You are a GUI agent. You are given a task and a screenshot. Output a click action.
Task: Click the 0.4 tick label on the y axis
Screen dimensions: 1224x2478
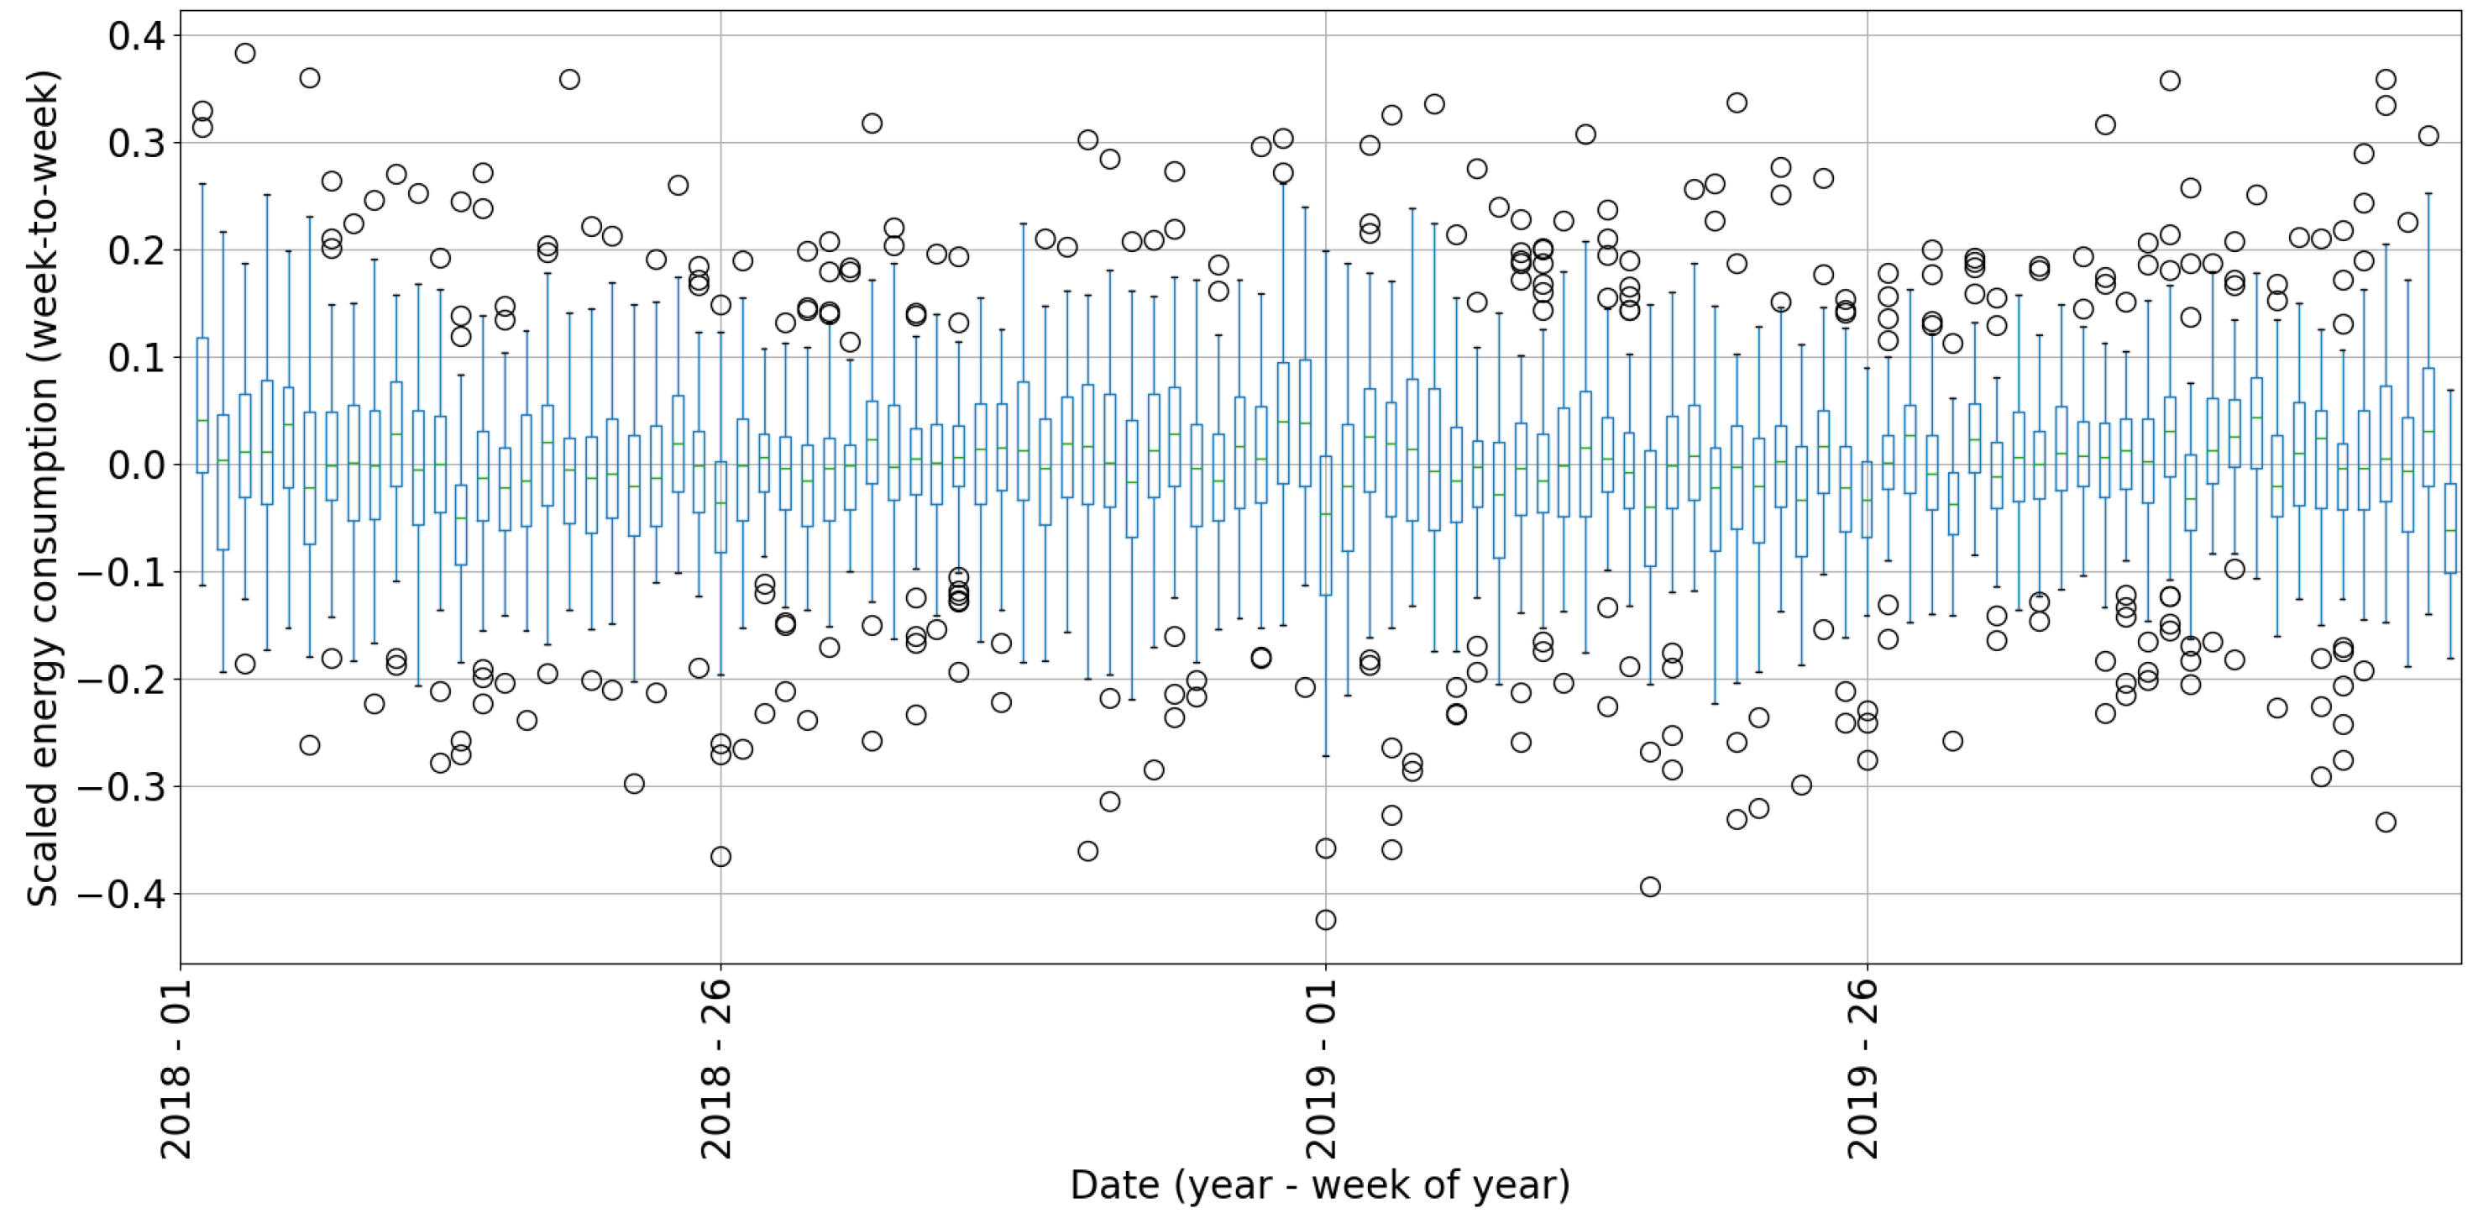[x=137, y=37]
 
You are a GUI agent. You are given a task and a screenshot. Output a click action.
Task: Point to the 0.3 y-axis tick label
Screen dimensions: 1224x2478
[x=137, y=144]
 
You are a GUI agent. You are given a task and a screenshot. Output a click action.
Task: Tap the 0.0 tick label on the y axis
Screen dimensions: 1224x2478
[x=137, y=465]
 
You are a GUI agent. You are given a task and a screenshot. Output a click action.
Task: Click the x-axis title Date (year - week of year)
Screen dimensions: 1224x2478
[x=1320, y=1185]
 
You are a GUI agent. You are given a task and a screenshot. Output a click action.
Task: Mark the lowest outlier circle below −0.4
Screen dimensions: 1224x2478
[x=1326, y=920]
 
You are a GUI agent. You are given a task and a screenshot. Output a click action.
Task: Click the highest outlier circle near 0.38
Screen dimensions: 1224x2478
[x=245, y=53]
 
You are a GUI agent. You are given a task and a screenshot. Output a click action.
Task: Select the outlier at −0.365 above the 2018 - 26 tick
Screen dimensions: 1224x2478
[x=720, y=856]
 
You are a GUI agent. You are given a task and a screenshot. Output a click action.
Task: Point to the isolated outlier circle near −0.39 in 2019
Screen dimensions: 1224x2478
[x=1650, y=887]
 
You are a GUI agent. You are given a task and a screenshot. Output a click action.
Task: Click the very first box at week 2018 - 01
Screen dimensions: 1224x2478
[x=202, y=405]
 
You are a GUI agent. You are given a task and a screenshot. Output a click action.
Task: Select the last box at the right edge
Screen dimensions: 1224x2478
[x=2450, y=528]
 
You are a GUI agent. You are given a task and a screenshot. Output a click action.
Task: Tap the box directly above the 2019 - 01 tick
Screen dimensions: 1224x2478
[x=1326, y=525]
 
